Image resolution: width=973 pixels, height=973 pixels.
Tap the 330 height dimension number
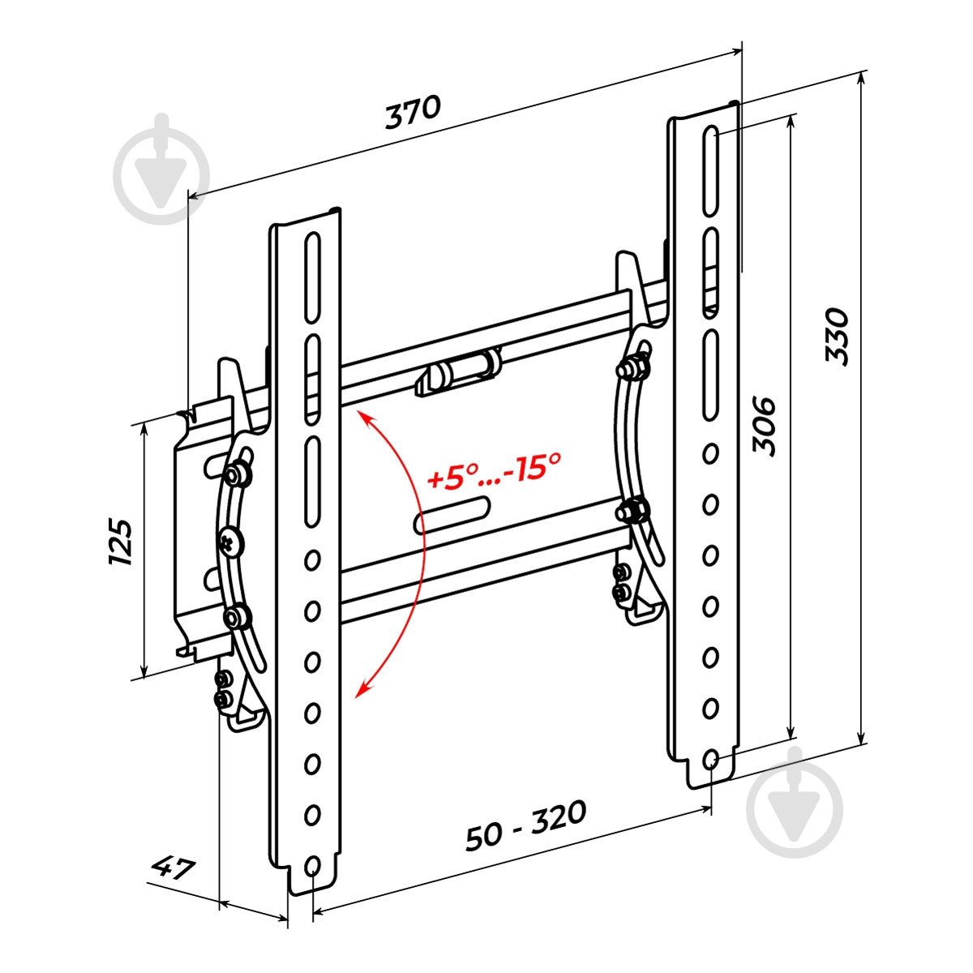coord(837,336)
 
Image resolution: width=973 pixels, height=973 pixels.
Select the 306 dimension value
coord(764,426)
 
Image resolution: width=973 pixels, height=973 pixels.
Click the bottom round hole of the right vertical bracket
coord(710,759)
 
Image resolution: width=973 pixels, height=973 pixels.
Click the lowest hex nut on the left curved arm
coord(237,618)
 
